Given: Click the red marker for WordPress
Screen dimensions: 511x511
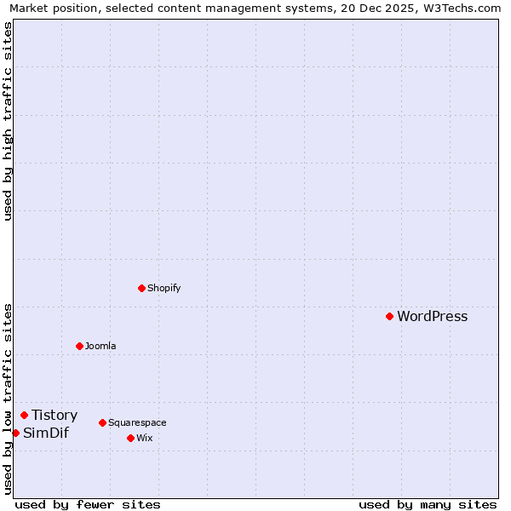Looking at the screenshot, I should [x=389, y=316].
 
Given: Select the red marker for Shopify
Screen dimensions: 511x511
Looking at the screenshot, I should [x=141, y=288].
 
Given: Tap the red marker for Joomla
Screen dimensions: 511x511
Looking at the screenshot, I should [x=79, y=346].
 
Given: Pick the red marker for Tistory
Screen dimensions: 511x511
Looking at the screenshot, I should [x=24, y=415].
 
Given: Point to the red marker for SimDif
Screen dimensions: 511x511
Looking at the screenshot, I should [x=15, y=433].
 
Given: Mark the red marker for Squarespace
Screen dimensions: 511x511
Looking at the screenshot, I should [x=102, y=422].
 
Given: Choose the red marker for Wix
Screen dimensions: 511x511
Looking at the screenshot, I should [x=130, y=438].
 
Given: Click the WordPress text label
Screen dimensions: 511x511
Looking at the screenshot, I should [x=432, y=317].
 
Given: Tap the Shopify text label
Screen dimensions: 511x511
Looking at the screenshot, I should [x=164, y=288].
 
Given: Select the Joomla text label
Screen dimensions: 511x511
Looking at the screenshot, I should [x=100, y=346].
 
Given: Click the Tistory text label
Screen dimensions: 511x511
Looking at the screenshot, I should [x=55, y=416].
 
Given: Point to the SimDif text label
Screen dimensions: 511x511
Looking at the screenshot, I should [x=46, y=433].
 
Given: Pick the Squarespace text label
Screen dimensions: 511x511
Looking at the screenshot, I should [x=137, y=422].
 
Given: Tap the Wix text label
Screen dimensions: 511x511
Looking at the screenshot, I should [x=144, y=438].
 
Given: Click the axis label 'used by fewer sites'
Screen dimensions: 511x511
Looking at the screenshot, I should [x=88, y=504].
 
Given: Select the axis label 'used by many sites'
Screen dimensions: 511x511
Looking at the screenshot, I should [x=428, y=504].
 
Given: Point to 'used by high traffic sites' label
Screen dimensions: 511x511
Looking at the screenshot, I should [x=8, y=121].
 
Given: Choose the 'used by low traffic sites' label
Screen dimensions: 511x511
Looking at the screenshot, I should [x=8, y=399].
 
